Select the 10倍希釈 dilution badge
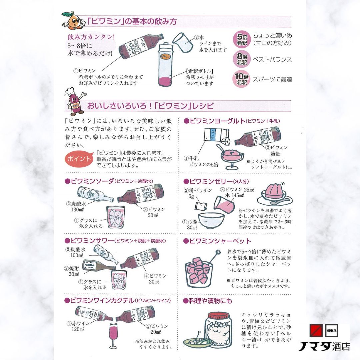[x=242, y=79]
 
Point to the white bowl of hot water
[x=208, y=220]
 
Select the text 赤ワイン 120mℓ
[x=78, y=327]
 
